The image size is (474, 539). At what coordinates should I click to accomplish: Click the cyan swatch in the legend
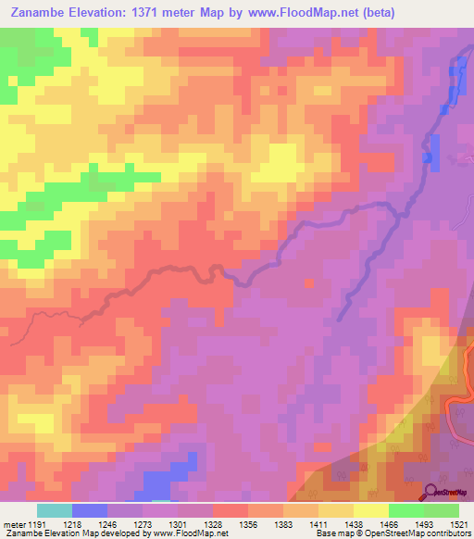click(x=55, y=510)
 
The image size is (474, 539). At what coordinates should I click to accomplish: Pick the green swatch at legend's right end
click(x=442, y=510)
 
